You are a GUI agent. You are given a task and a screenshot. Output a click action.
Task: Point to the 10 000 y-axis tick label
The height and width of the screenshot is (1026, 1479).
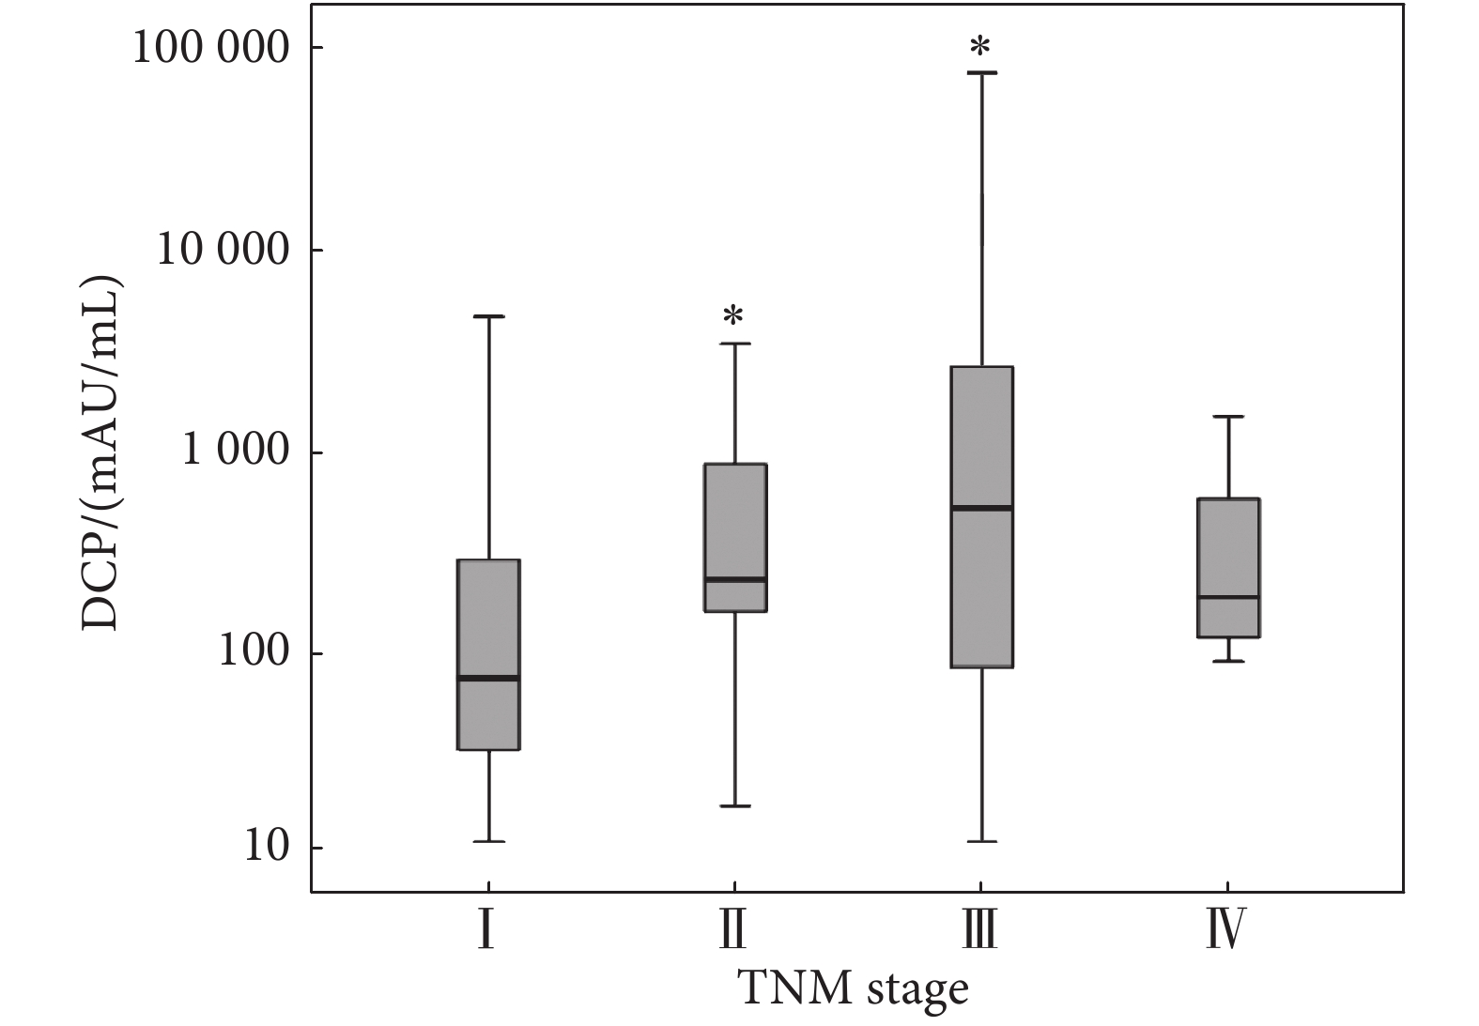(x=223, y=251)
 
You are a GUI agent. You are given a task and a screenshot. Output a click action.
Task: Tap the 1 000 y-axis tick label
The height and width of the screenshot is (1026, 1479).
(x=236, y=452)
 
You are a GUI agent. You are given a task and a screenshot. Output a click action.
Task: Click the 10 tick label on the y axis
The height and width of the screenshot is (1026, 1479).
(x=266, y=847)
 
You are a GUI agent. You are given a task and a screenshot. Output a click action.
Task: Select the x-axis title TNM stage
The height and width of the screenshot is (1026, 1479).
(x=853, y=989)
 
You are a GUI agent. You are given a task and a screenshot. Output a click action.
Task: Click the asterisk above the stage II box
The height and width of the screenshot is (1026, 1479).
(x=733, y=316)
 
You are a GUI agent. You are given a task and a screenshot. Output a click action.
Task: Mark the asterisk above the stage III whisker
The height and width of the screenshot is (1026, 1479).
(x=980, y=47)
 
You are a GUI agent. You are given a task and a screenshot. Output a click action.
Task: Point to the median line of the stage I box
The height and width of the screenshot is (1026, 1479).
(x=488, y=678)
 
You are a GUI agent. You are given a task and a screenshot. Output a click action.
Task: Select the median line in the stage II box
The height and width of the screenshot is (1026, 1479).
(x=736, y=579)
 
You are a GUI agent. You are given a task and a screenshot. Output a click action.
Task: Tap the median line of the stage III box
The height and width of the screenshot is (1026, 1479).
(x=982, y=508)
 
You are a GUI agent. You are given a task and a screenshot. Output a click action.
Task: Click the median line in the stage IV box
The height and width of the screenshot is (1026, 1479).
(x=1228, y=597)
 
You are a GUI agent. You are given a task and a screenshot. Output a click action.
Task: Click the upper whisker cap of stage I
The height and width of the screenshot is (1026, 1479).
(x=488, y=317)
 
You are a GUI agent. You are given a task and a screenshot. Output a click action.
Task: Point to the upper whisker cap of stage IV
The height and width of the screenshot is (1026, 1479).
(x=1228, y=417)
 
